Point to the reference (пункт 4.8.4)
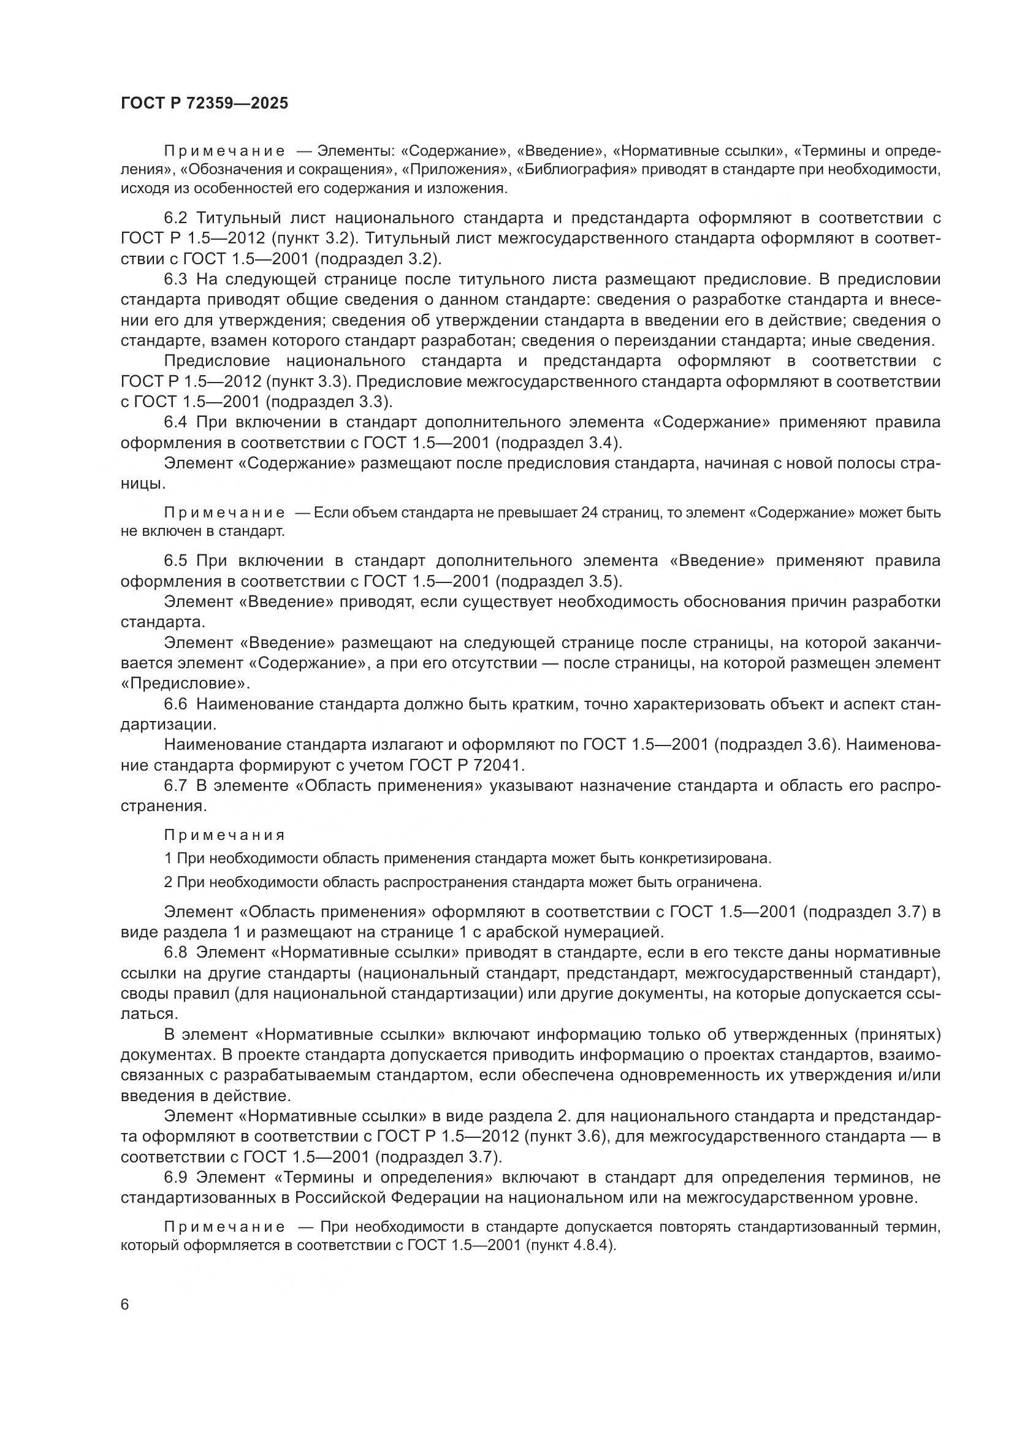(571, 1245)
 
